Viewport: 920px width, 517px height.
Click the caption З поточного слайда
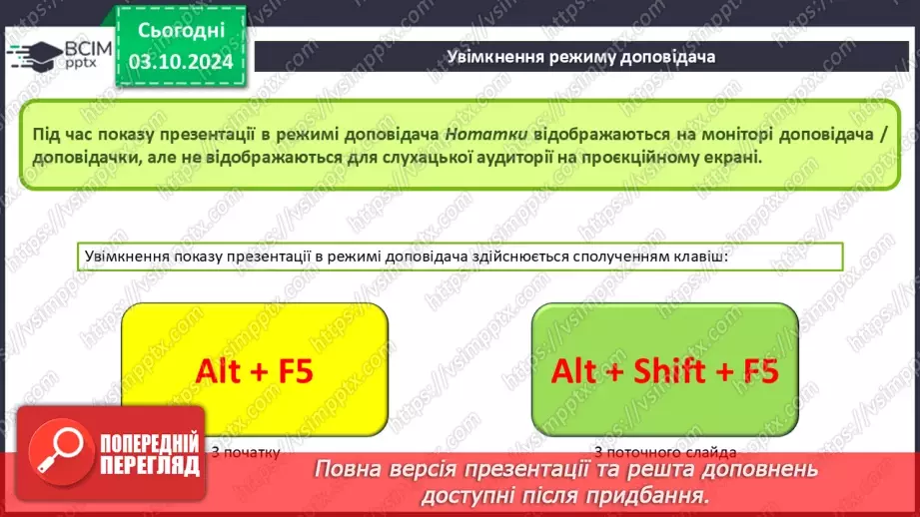click(x=664, y=451)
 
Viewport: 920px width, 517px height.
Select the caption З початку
click(x=246, y=451)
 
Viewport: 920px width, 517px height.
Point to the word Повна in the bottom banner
click(x=354, y=470)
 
